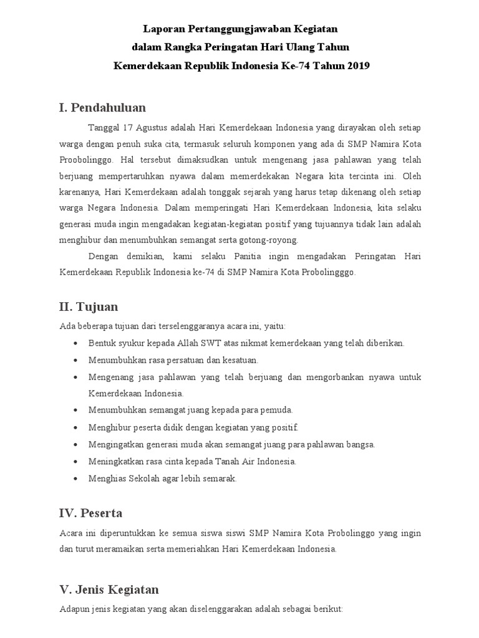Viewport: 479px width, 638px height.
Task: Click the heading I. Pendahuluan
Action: click(102, 108)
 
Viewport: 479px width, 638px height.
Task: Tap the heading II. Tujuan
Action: click(88, 307)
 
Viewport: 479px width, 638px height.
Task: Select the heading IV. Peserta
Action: click(90, 513)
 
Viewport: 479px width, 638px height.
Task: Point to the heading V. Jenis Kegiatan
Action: click(109, 589)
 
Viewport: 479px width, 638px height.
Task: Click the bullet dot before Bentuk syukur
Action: click(75, 343)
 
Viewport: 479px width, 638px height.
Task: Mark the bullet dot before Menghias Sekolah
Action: click(75, 478)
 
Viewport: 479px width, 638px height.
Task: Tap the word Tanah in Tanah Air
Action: click(236, 462)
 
